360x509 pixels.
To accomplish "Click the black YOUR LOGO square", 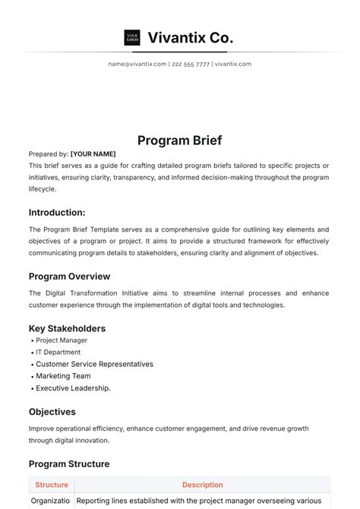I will click(132, 37).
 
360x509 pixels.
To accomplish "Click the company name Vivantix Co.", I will click(190, 37).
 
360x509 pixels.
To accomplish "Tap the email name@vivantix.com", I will click(137, 64).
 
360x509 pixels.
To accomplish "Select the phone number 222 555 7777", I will click(191, 64).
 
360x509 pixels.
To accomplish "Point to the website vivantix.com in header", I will click(233, 64).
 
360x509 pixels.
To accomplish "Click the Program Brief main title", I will click(179, 140).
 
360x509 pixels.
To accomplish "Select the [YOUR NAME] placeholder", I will click(93, 153).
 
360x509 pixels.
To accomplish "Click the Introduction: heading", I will click(57, 213).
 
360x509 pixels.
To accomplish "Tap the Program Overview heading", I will click(69, 277).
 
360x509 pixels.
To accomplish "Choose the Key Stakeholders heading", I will click(67, 328).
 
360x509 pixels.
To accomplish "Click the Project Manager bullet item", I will click(62, 340).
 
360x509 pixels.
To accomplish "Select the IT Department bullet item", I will click(58, 353).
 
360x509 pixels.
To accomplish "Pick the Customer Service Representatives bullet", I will click(94, 364).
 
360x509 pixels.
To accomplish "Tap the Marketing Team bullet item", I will click(63, 376).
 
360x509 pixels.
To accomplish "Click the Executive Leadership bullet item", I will click(73, 388).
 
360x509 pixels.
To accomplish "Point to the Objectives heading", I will click(52, 412).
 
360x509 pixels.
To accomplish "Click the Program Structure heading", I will click(69, 463).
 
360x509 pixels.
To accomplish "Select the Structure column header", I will click(52, 485).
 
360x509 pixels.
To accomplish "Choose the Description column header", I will click(202, 485).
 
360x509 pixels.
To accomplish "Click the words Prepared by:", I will click(49, 153).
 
